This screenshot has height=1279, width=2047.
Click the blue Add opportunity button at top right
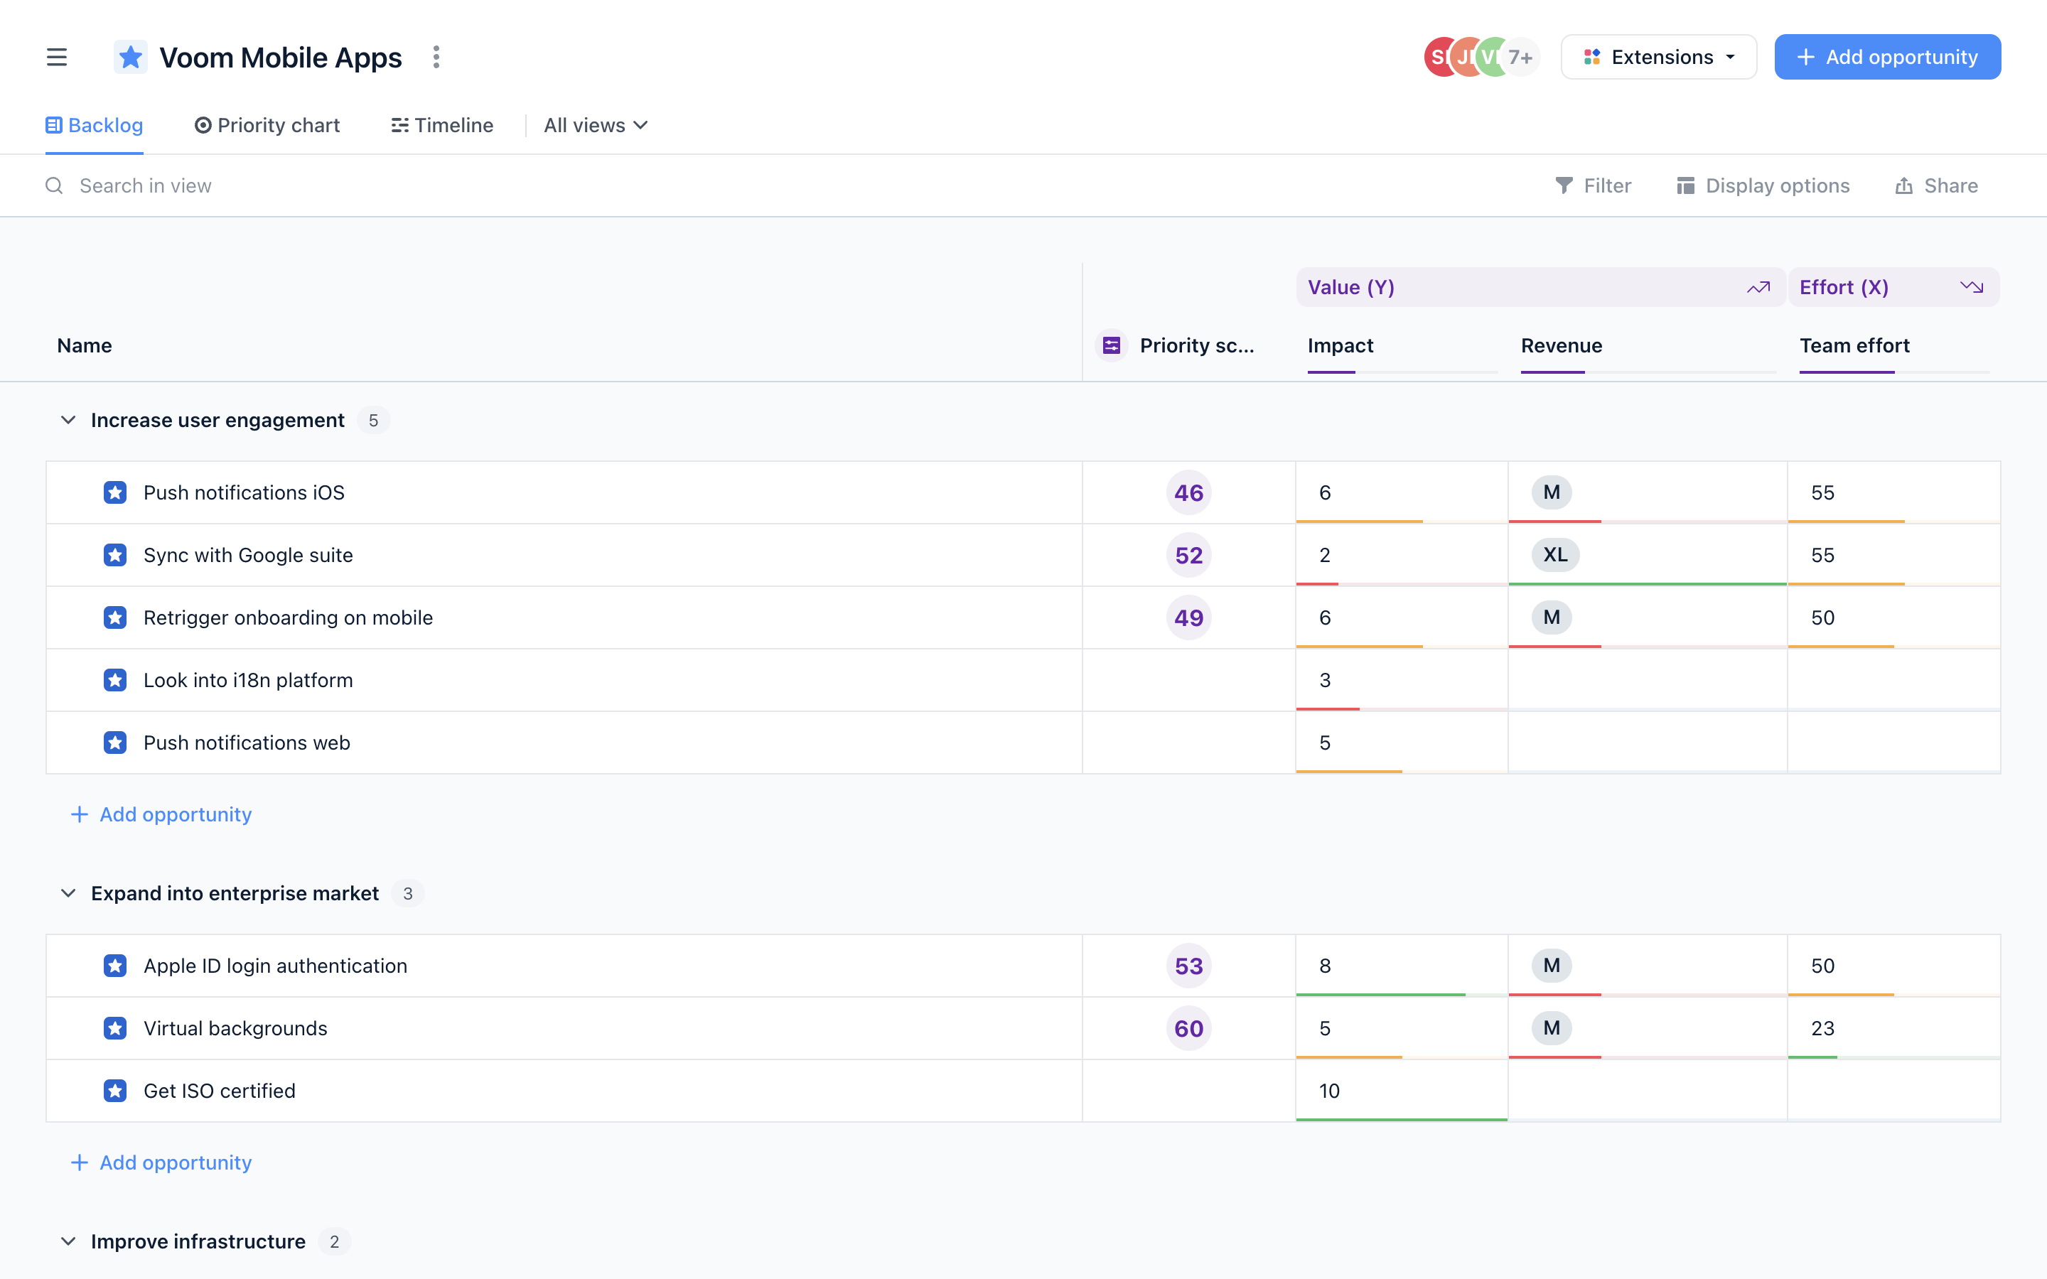tap(1886, 57)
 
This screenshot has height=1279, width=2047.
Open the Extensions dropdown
tap(1658, 57)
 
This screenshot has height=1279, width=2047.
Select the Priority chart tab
tap(267, 125)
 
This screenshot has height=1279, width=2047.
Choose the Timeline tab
tap(442, 125)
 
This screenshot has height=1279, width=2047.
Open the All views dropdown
tap(596, 125)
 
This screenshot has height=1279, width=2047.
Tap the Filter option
tap(1593, 185)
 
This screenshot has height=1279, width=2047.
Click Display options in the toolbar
tap(1763, 185)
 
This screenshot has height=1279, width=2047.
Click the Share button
tap(1936, 185)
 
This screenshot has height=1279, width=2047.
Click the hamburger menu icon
tap(57, 57)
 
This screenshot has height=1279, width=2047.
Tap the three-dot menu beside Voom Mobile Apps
tap(436, 57)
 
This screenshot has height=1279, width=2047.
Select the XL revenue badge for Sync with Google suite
tap(1554, 555)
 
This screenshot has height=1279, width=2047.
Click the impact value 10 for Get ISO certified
tap(1329, 1091)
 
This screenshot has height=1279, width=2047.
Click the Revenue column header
tap(1561, 345)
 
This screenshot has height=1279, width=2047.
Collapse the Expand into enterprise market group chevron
tap(68, 893)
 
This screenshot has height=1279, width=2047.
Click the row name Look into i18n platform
tap(248, 680)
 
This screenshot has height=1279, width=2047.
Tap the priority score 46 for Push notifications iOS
tap(1188, 492)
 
